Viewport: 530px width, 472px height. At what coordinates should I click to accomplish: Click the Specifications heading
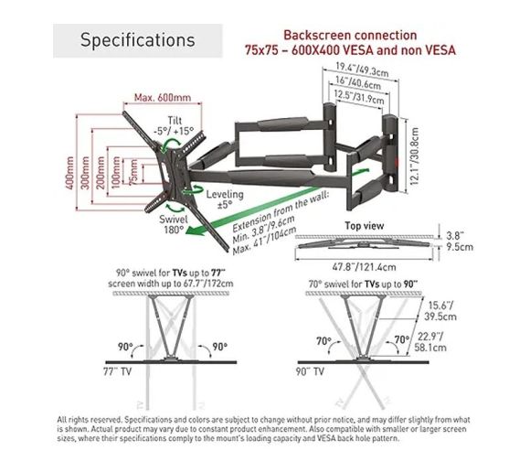[138, 40]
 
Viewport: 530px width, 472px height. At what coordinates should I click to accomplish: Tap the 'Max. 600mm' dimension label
[163, 98]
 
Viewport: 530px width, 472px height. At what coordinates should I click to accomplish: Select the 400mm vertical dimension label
[69, 173]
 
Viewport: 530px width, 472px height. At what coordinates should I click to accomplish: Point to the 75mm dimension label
[133, 172]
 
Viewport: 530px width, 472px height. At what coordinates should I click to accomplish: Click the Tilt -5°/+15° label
[174, 125]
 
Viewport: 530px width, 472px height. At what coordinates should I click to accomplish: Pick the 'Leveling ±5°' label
[225, 199]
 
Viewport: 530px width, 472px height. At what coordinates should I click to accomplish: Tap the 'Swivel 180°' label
[174, 224]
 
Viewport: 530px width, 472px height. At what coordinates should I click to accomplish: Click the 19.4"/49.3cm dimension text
[362, 70]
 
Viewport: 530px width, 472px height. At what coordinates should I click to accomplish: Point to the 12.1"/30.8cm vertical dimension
[415, 156]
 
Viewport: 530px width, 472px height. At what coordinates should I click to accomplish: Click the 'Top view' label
[364, 226]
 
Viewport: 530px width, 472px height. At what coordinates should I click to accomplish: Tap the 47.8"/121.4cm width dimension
[364, 267]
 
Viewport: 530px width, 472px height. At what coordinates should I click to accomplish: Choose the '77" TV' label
[117, 371]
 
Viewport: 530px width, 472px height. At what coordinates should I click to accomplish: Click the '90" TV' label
[310, 371]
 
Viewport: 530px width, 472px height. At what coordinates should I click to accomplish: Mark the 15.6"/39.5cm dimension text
[440, 311]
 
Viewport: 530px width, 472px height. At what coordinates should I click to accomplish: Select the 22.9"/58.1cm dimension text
[430, 342]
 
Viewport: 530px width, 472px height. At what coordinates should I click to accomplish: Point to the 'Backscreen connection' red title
[350, 35]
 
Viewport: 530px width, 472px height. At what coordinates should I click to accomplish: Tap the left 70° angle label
[323, 340]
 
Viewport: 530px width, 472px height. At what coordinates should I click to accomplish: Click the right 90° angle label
[219, 347]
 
